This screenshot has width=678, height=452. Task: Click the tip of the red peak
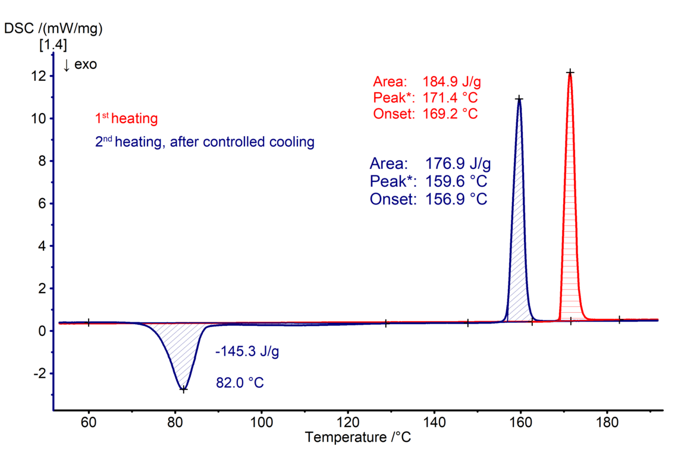[570, 73]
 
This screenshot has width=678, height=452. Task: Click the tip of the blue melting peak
[519, 98]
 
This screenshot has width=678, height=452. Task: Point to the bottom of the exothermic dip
[183, 389]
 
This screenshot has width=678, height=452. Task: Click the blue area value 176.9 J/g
[458, 164]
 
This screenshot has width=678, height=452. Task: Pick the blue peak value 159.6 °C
[457, 181]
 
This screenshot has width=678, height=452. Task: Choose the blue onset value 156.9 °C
[457, 199]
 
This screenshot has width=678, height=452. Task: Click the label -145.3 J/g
[247, 352]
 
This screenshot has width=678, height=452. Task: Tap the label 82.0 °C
[240, 382]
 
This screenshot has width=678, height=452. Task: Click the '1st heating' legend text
[127, 119]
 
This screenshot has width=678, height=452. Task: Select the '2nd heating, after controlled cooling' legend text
[205, 143]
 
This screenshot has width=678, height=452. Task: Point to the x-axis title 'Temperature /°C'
[357, 438]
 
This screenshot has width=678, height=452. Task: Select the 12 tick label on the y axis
[39, 76]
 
